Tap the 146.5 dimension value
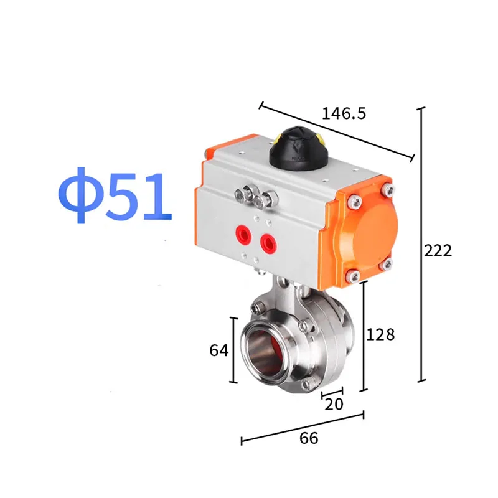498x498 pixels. click(x=344, y=113)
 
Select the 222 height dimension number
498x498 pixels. click(x=438, y=251)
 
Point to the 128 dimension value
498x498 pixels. click(x=380, y=334)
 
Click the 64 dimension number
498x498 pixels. click(x=219, y=350)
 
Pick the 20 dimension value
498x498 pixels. click(x=334, y=404)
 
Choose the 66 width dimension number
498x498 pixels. click(x=309, y=438)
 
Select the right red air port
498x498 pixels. click(x=268, y=243)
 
